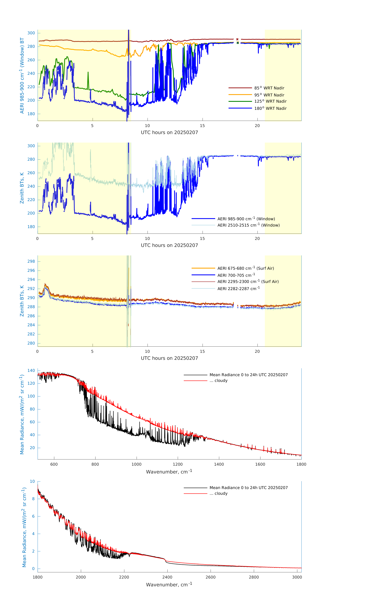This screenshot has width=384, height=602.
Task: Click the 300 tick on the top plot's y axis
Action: [31, 33]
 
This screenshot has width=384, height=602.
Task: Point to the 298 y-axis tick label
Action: [31, 261]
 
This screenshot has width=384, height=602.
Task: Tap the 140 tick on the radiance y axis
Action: [31, 371]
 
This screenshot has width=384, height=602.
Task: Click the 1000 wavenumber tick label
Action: [137, 464]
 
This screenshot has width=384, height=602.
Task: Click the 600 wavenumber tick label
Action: [54, 464]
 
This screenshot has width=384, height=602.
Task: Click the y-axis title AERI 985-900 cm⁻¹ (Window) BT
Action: [22, 75]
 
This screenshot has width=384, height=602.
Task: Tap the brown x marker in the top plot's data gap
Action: [237, 39]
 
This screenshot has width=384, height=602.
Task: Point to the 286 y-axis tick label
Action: [31, 316]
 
